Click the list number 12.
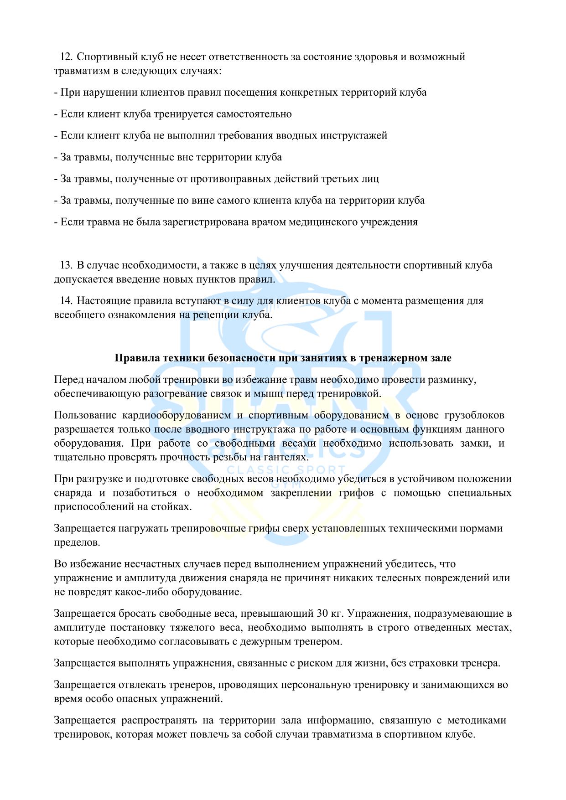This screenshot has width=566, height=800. (66, 57)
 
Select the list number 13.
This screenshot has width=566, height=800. (66, 265)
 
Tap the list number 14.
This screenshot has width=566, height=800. (66, 301)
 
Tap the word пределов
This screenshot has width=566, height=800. (76, 542)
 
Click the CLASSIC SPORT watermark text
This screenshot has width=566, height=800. (286, 470)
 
